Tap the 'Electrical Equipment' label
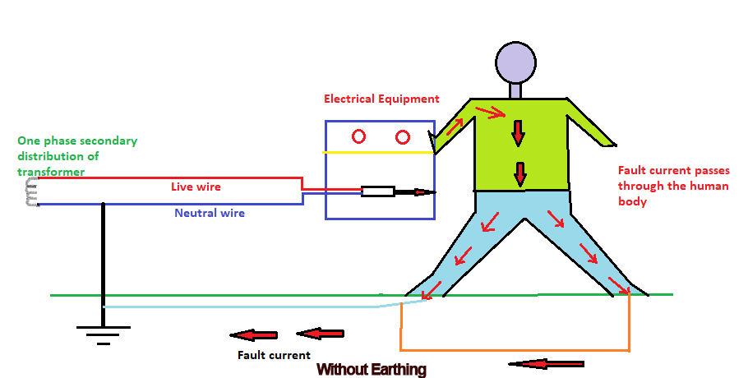[381, 99]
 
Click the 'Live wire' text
[196, 187]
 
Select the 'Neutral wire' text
[210, 213]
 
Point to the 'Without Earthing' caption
[372, 369]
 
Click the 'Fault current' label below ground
[274, 355]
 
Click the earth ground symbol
[103, 333]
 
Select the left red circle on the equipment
[359, 136]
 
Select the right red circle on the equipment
[403, 136]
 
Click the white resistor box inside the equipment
[377, 192]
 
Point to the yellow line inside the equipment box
[378, 153]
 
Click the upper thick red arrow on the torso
[519, 131]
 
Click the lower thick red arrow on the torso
[519, 174]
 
